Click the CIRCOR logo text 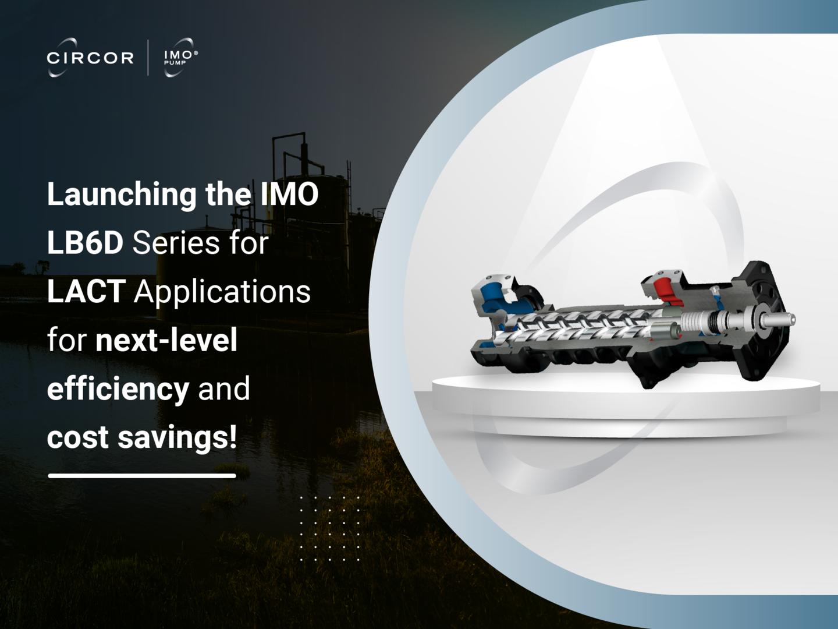pyautogui.click(x=90, y=58)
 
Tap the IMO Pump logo pyautogui.click(x=179, y=57)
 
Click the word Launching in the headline pyautogui.click(x=122, y=195)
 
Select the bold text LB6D pyautogui.click(x=85, y=243)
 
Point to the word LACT pyautogui.click(x=86, y=291)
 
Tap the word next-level pyautogui.click(x=166, y=340)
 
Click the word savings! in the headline pyautogui.click(x=177, y=437)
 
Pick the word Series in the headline pyautogui.click(x=176, y=243)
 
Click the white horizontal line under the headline pyautogui.click(x=142, y=476)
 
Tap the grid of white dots pyautogui.click(x=330, y=529)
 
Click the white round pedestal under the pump pyautogui.click(x=626, y=405)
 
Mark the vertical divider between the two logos pyautogui.click(x=148, y=58)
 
